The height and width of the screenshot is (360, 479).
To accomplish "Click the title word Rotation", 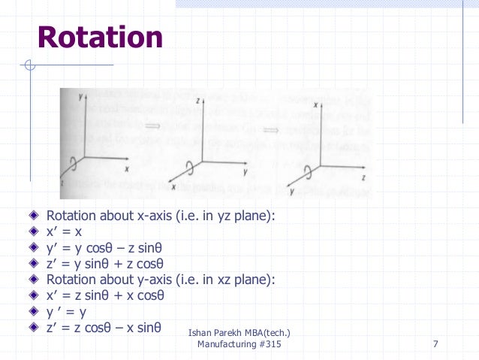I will click(100, 38).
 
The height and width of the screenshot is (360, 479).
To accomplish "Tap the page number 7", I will click(435, 344).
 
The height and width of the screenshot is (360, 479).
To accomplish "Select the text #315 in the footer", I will click(270, 344).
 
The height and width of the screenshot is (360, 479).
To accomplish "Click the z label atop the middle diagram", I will click(197, 99).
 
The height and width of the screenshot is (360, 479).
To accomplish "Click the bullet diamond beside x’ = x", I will click(34, 232).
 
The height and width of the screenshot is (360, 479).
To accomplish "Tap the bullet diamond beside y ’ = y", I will click(34, 311).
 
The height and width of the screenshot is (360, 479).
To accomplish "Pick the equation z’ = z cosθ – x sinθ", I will click(104, 327).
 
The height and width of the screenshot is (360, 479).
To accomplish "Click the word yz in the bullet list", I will click(220, 216).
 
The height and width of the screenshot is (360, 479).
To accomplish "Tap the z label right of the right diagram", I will click(363, 178).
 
